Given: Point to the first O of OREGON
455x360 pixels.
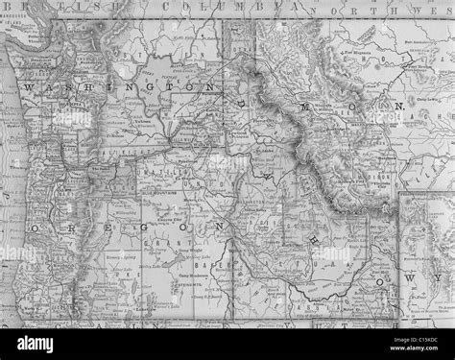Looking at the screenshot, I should click(x=35, y=231).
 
